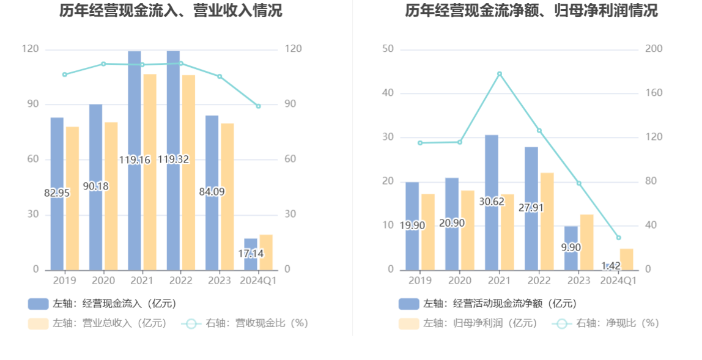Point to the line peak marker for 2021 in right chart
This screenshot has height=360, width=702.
pos(500,74)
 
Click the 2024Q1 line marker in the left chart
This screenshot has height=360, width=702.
pos(258,106)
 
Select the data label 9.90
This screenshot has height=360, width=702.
pos(571,248)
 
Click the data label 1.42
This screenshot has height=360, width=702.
pos(611,266)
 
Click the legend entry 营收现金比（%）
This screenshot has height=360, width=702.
pos(245,323)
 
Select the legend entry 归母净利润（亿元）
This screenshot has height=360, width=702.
pos(468,323)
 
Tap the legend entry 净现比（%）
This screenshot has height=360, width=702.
pos(605,323)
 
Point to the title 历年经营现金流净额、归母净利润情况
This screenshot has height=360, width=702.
pos(531,10)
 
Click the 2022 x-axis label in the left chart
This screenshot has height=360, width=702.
pos(180,281)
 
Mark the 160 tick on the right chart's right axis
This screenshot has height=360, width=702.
pos(654,94)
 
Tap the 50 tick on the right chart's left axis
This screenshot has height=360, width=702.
pos(387,49)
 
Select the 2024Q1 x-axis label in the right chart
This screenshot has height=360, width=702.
pos(618,281)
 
